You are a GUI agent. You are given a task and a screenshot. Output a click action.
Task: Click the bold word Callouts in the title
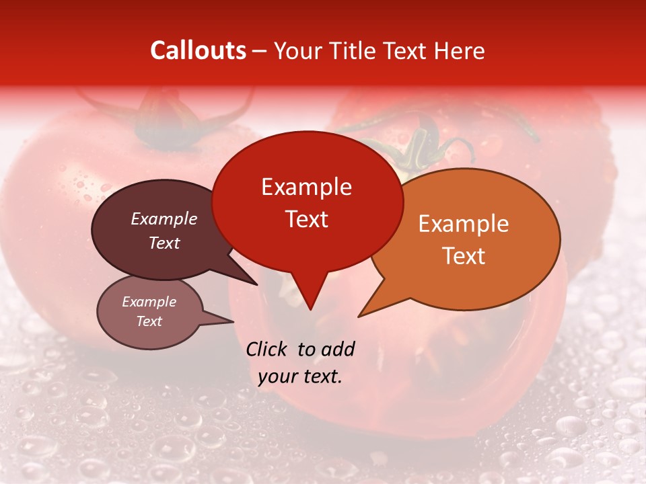198,50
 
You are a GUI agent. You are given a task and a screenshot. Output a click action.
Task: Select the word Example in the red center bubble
306,187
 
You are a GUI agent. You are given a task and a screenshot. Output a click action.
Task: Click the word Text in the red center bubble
306,219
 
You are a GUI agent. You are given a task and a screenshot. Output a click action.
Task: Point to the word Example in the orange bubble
464,224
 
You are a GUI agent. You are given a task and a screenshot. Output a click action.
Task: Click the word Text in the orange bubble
464,256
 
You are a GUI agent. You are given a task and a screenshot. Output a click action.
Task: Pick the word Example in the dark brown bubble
164,218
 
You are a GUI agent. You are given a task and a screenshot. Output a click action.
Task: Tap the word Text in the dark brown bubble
164,243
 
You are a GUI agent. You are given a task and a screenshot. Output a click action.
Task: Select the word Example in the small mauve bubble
149,302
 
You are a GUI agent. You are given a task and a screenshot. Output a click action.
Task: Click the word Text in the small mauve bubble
149,321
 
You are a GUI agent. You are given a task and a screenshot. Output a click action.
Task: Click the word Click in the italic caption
267,349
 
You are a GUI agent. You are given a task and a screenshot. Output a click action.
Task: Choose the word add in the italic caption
338,349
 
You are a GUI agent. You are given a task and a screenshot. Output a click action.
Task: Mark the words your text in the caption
299,376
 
